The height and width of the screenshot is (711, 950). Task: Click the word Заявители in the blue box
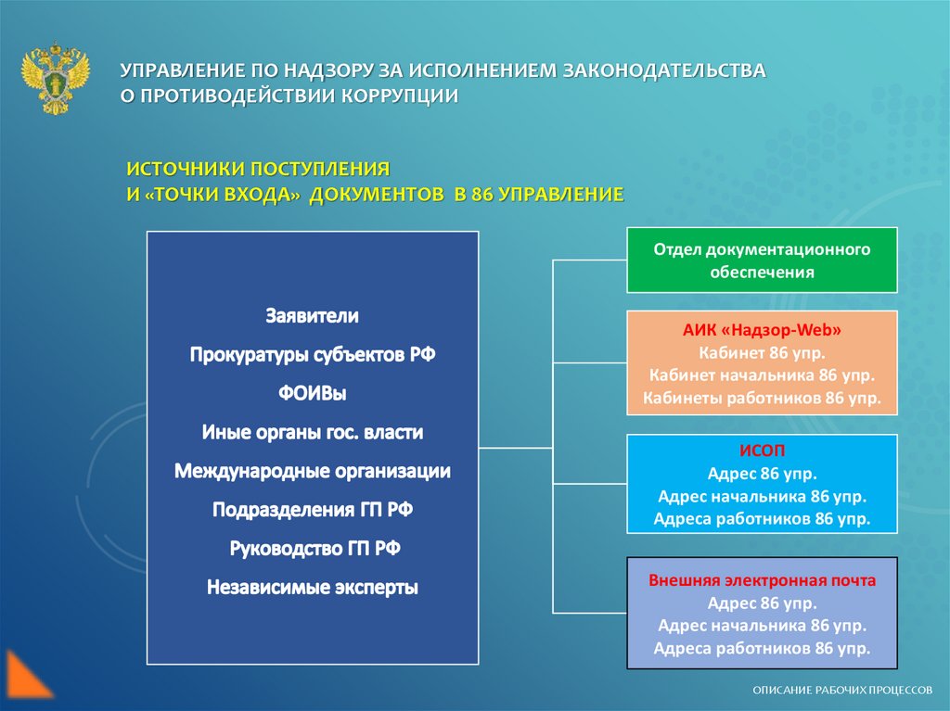pyautogui.click(x=312, y=316)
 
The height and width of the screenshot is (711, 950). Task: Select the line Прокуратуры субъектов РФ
pyautogui.click(x=312, y=354)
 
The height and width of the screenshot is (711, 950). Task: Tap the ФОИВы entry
pyautogui.click(x=312, y=393)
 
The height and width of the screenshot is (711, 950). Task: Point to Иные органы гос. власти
pyautogui.click(x=312, y=432)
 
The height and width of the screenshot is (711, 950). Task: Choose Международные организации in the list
pyautogui.click(x=312, y=471)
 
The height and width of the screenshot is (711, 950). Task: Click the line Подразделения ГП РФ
pyautogui.click(x=312, y=510)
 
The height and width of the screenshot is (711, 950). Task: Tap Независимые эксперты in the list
pyautogui.click(x=312, y=587)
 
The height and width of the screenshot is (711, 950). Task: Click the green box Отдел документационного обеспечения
pyautogui.click(x=762, y=260)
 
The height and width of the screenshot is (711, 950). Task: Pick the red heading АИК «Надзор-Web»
pyautogui.click(x=762, y=331)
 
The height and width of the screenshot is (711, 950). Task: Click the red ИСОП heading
pyautogui.click(x=762, y=450)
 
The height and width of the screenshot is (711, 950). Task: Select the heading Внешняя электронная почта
pyautogui.click(x=762, y=580)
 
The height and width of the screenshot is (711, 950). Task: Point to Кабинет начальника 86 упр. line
pyautogui.click(x=762, y=375)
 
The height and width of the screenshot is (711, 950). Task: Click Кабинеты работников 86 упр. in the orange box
pyautogui.click(x=762, y=398)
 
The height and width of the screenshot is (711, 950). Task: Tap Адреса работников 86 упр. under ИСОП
pyautogui.click(x=762, y=518)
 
